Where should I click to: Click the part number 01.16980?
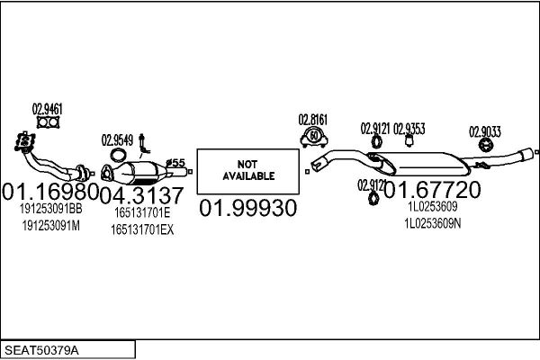click(50, 192)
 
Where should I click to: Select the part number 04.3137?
click(141, 195)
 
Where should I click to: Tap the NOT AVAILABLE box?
click(247, 171)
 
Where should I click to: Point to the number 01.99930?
click(248, 208)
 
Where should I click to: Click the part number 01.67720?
click(432, 190)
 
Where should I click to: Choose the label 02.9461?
click(48, 110)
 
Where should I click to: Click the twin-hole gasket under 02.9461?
click(48, 122)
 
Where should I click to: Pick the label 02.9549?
click(117, 140)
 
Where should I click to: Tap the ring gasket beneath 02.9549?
click(118, 155)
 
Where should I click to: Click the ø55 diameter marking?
click(175, 163)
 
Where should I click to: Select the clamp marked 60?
click(314, 138)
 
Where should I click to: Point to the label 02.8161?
click(313, 120)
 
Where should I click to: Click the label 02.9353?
click(409, 129)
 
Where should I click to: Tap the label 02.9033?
click(485, 132)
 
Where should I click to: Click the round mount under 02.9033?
click(486, 145)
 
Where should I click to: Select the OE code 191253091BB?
click(51, 209)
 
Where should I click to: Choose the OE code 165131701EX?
click(142, 229)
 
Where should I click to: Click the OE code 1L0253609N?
click(433, 224)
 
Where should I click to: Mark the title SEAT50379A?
click(41, 350)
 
